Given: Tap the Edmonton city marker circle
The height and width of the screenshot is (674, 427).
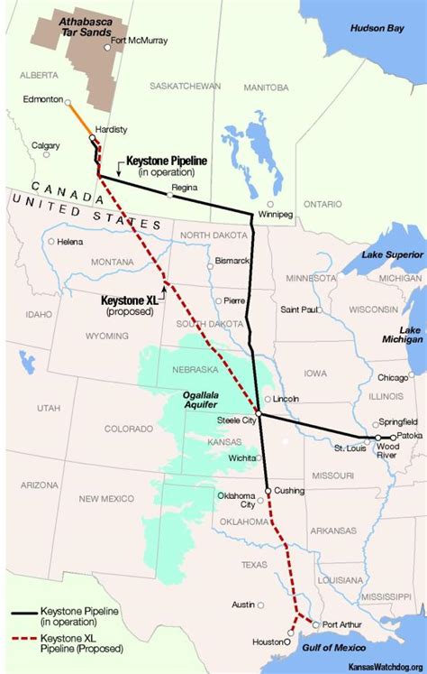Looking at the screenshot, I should (x=69, y=102).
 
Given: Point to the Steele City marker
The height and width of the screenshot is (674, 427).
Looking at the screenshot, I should (x=259, y=413).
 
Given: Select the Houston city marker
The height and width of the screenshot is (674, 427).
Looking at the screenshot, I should (x=288, y=642).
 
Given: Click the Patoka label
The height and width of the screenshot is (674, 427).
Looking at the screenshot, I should (x=406, y=436).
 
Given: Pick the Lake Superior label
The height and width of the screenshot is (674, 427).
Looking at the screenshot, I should (x=392, y=255).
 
